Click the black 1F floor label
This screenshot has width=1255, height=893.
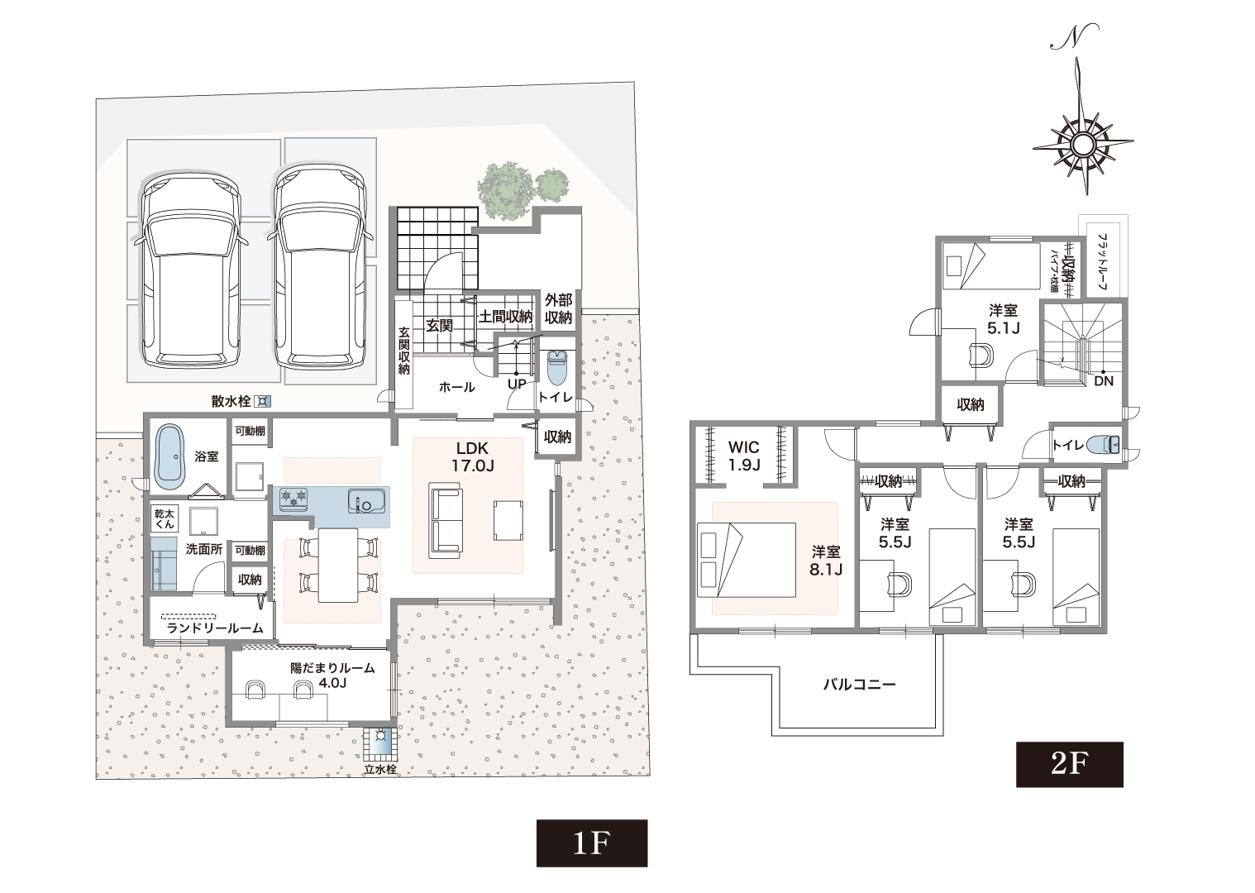[x=591, y=843]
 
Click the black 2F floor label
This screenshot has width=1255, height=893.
[x=1068, y=764]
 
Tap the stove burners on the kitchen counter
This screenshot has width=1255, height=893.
[x=292, y=499]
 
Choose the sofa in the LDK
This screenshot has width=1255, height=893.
[x=446, y=521]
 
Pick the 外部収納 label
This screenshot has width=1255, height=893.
[x=558, y=309]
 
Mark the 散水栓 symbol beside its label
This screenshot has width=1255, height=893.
[x=263, y=402]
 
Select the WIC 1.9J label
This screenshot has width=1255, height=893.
[x=743, y=455]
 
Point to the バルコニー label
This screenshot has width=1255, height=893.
[x=859, y=685]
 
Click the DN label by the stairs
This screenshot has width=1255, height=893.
[x=1103, y=381]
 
